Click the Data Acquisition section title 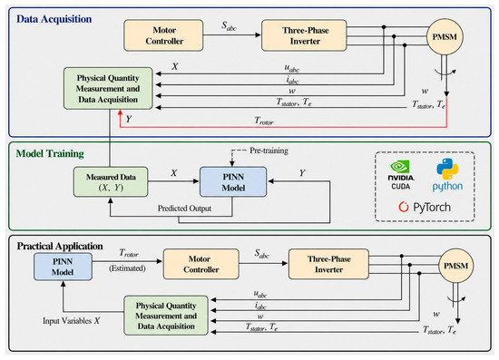point(54,19)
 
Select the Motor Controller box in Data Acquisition point(163,35)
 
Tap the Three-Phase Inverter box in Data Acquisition point(304,35)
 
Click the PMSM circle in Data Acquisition point(445,37)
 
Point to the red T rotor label point(264,121)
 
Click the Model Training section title point(50,153)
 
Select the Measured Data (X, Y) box point(111,182)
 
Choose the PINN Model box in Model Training point(233,182)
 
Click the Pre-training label point(269,151)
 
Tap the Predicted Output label point(184,209)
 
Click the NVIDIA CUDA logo point(401,176)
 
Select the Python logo point(447,175)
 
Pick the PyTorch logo point(425,208)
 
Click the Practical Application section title point(60,246)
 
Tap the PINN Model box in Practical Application point(63,267)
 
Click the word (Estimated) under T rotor point(127,268)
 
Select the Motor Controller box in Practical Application point(201,264)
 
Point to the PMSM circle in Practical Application point(456,266)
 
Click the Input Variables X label point(72,321)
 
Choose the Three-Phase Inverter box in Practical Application point(328,264)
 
